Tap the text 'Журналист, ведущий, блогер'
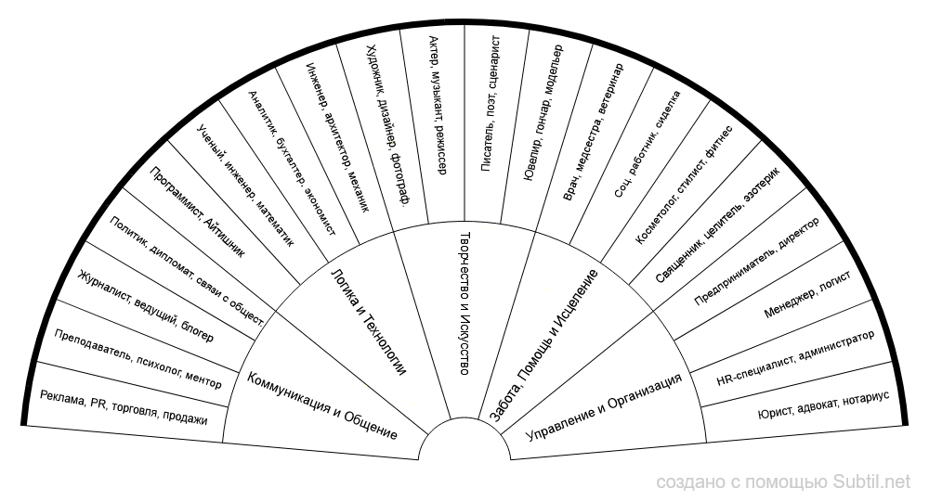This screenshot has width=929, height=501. (x=145, y=306)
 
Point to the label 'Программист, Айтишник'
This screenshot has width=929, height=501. (x=197, y=211)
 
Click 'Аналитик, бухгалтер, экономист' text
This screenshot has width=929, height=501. (x=292, y=162)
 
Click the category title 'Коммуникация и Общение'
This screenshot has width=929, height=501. (x=321, y=405)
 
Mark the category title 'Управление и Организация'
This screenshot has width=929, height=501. (x=604, y=405)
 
